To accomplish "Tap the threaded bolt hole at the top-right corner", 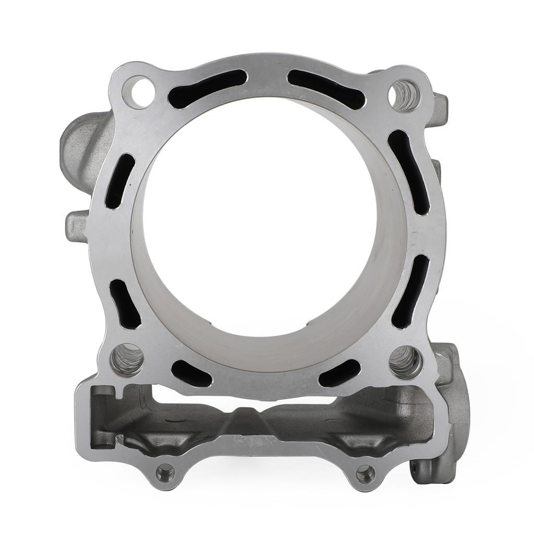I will click(x=405, y=95).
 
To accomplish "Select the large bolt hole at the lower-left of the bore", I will click(x=127, y=359).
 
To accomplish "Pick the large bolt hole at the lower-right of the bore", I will click(x=406, y=361).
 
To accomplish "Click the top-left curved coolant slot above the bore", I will click(x=208, y=89).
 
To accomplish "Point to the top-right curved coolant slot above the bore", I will click(x=326, y=89).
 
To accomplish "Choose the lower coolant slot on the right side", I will click(x=410, y=291).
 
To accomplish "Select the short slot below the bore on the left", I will click(x=192, y=373).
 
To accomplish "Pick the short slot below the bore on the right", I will click(x=339, y=373).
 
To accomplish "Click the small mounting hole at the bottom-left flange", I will click(x=166, y=473).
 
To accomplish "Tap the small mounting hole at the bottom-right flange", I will click(x=365, y=474).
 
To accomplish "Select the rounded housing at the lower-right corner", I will click(x=448, y=407).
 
